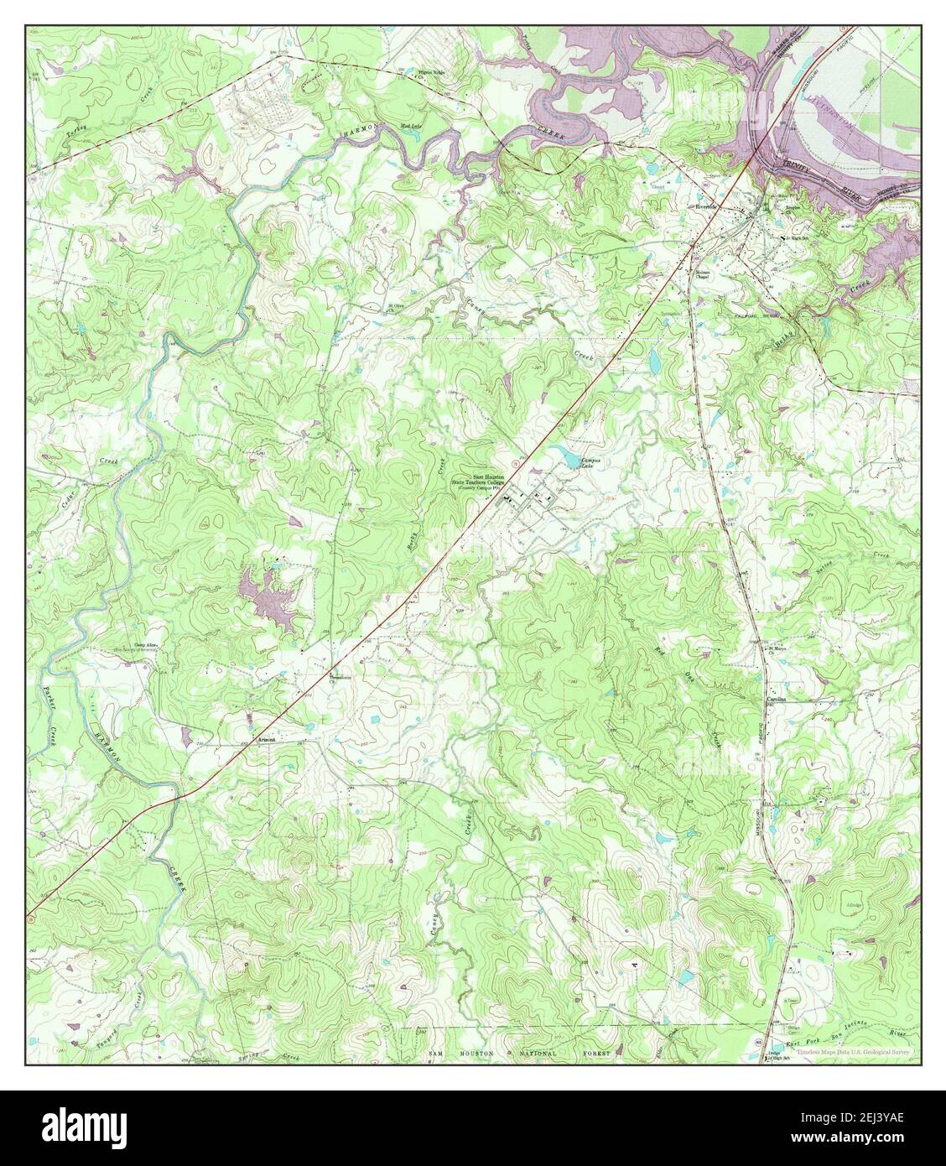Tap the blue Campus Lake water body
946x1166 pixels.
point(570,461)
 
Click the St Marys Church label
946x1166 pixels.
point(778,650)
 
